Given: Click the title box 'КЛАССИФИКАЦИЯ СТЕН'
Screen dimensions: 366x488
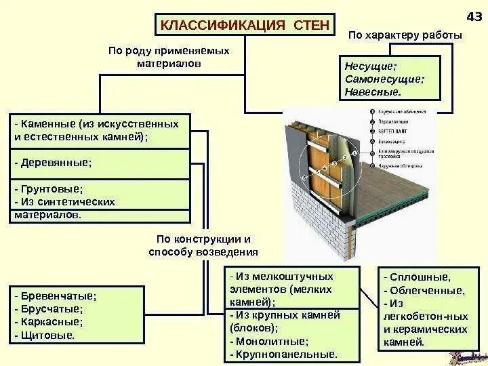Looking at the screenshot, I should [245, 25].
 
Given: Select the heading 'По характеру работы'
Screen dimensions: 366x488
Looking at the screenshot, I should [405, 36].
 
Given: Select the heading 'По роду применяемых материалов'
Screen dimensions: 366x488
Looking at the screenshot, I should [169, 57].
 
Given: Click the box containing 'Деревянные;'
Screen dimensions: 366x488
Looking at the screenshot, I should [100, 163].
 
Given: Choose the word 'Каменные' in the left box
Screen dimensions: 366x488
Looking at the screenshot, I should [47, 124].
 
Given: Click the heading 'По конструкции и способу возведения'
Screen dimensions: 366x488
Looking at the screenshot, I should [203, 245].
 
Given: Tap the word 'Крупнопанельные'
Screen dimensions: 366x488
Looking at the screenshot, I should [285, 354].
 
